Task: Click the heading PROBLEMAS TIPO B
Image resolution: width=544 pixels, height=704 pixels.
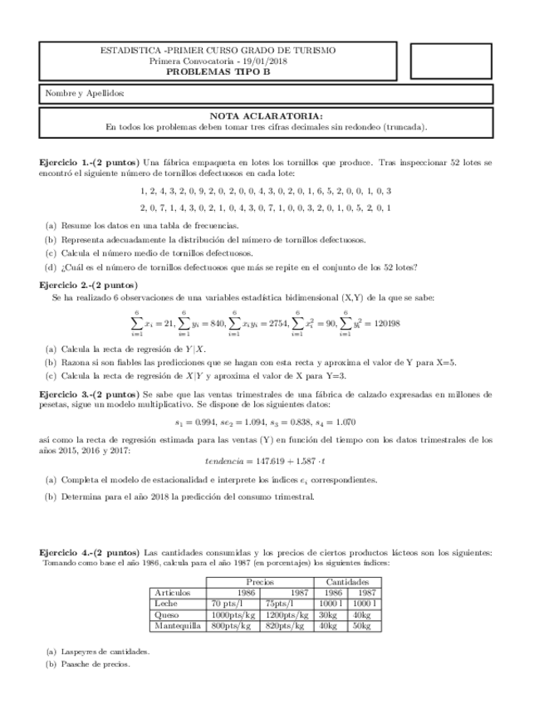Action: [218, 72]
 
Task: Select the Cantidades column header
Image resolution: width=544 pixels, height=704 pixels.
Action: [347, 583]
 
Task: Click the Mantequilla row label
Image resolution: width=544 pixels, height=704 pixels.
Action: [179, 626]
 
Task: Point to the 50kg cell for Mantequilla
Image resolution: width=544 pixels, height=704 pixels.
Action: [362, 626]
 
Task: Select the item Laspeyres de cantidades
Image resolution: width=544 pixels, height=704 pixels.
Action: [105, 652]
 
